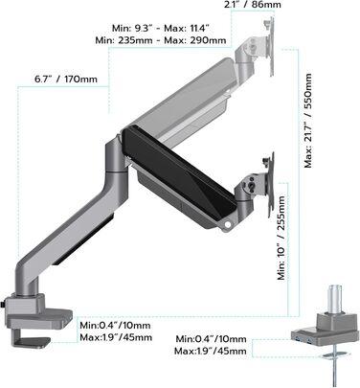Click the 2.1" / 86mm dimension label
pos(253,5)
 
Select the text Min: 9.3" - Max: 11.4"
pos(161,28)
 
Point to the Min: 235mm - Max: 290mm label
pos(161,40)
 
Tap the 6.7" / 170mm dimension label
pos(66,79)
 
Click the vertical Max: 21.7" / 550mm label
pos(308,121)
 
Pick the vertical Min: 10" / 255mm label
pos(281,239)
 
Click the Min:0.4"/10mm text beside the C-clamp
pos(115,326)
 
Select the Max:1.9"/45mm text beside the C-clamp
pos(116,337)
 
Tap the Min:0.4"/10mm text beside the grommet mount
pos(211,339)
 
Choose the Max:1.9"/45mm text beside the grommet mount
pos(211,352)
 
